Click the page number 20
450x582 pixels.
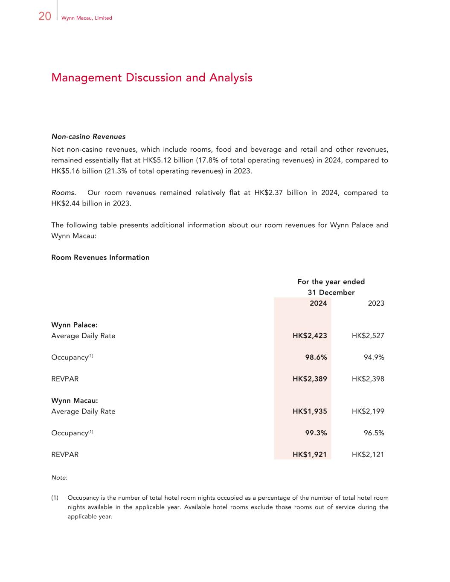click(45, 16)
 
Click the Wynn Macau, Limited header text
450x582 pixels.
click(87, 18)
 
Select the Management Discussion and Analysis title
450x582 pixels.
click(151, 78)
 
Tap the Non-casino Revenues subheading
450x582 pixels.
click(88, 136)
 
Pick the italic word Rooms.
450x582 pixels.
click(64, 193)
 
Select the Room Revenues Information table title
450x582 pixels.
click(100, 258)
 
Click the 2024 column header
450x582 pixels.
click(318, 303)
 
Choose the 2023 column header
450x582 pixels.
click(376, 303)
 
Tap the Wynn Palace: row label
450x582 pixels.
click(74, 325)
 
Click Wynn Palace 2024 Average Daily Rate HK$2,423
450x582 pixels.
click(310, 336)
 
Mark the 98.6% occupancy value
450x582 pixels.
click(316, 357)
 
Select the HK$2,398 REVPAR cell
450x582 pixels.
click(368, 379)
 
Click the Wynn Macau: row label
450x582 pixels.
click(75, 400)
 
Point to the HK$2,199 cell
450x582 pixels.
click(368, 411)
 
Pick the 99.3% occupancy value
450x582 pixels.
click(316, 433)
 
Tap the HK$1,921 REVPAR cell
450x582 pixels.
click(310, 455)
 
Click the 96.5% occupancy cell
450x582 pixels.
click(374, 433)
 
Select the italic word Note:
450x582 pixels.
click(59, 478)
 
